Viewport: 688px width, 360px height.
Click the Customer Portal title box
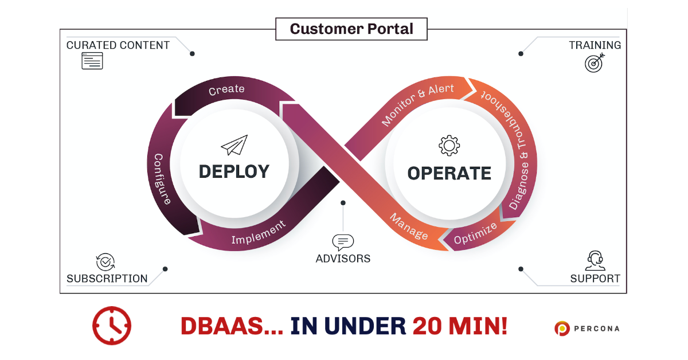click(x=351, y=29)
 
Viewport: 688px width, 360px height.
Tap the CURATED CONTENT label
click(x=118, y=45)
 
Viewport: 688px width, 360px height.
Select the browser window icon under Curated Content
click(x=92, y=61)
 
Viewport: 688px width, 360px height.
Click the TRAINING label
click(x=595, y=45)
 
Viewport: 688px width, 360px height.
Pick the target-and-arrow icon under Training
click(x=594, y=63)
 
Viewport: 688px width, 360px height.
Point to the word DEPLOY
click(x=234, y=171)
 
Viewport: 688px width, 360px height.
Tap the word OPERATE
click(x=449, y=173)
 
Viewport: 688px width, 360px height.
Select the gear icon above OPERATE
click(x=449, y=146)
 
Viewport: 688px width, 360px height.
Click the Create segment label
click(x=226, y=90)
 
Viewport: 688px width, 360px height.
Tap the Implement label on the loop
click(x=258, y=233)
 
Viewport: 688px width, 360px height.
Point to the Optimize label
click(x=475, y=235)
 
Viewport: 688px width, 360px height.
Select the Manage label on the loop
click(x=409, y=227)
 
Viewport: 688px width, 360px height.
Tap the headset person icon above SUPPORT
click(x=595, y=261)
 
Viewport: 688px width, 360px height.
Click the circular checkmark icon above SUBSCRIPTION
click(x=105, y=262)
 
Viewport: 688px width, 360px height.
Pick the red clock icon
click(x=112, y=326)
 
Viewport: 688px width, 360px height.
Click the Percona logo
click(x=587, y=328)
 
